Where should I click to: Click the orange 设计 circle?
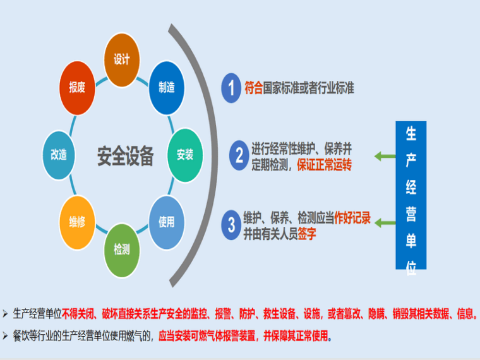tap(121, 60)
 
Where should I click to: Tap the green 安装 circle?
tap(185, 155)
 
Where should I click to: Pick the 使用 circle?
tap(167, 222)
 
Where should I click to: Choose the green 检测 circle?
tap(121, 250)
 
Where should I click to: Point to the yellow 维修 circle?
tap(77, 222)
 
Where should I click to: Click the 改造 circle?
tap(59, 155)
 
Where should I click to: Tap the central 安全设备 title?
tap(125, 155)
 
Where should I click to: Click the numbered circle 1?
tap(231, 88)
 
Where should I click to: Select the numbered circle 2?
tap(239, 155)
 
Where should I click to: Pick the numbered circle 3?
tap(231, 224)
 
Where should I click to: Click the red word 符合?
tap(253, 88)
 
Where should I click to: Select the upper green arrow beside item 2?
tap(382, 155)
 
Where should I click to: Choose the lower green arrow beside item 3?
tap(382, 222)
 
